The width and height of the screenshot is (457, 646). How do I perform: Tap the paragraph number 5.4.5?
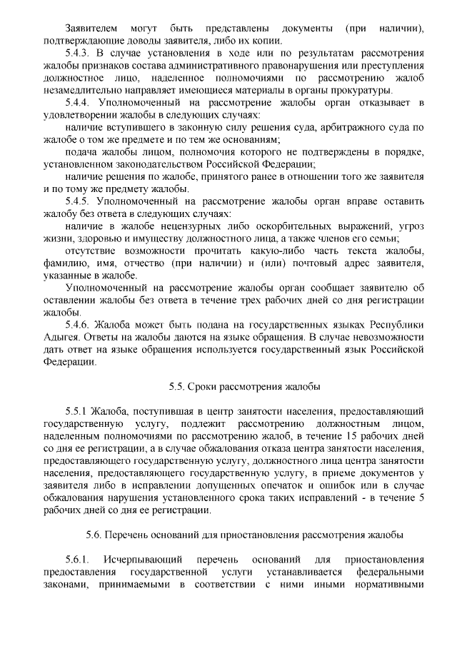(x=76, y=201)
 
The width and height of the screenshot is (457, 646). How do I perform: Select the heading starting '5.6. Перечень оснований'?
(x=244, y=534)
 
